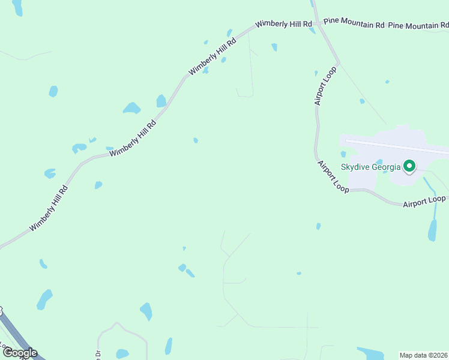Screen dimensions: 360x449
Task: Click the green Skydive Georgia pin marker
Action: pos(410,165)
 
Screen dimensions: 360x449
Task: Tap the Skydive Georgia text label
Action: pos(371,167)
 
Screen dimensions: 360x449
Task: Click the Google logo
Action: pos(20,353)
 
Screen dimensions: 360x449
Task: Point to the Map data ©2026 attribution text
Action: pos(424,355)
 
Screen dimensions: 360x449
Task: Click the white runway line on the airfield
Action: pos(396,146)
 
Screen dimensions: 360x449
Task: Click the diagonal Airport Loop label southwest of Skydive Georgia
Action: pos(333,176)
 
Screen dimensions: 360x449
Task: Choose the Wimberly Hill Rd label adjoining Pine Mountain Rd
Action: pos(283,25)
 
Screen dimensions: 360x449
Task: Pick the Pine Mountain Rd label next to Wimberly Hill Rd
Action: pos(354,23)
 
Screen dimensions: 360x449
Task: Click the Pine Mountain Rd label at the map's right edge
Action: pos(418,25)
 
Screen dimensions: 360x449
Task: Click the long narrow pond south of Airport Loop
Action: pos(432,230)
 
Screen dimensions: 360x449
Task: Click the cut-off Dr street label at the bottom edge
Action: pos(97,353)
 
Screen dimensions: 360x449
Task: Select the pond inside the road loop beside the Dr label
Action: pos(122,353)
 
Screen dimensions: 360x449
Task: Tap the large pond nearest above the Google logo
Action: pos(44,299)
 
